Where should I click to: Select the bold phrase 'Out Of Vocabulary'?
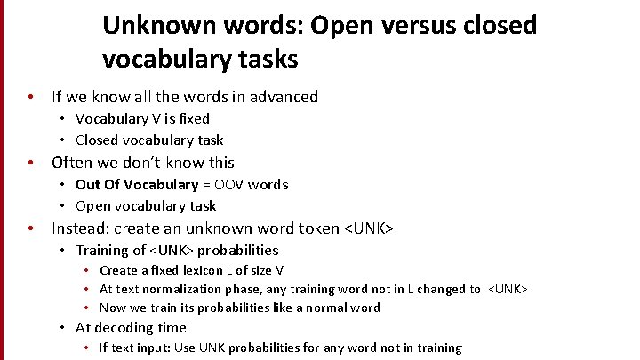137,185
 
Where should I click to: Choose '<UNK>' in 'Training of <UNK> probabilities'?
167,251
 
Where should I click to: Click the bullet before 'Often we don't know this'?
31,163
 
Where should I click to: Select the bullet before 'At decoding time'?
64,328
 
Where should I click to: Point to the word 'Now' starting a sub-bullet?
113,308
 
